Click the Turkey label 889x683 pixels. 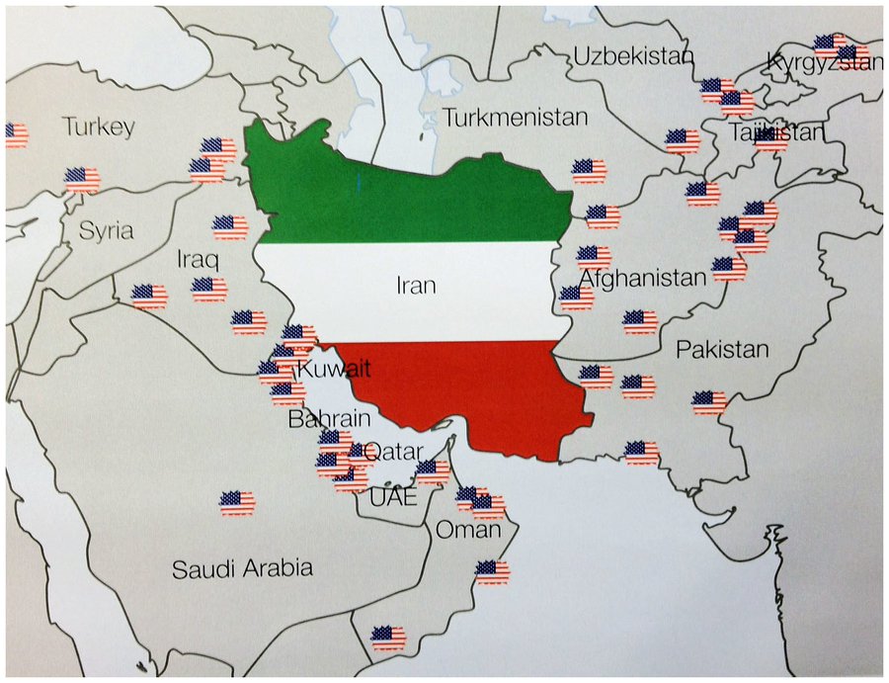click(x=98, y=127)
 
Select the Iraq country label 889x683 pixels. click(x=198, y=260)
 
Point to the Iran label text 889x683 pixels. click(x=416, y=286)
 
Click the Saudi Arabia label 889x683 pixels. click(x=242, y=568)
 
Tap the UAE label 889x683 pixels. click(x=393, y=497)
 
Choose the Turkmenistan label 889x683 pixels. click(x=515, y=118)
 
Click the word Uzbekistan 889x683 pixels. click(x=634, y=55)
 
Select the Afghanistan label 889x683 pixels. click(x=642, y=278)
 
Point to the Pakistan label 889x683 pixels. click(x=722, y=349)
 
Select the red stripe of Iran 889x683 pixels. click(x=474, y=390)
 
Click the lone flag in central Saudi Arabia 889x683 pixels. click(x=237, y=503)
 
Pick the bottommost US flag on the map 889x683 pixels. click(x=388, y=638)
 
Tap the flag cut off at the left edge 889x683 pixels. click(x=16, y=135)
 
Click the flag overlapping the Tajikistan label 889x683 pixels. click(x=771, y=135)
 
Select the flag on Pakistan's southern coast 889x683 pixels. click(x=642, y=453)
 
